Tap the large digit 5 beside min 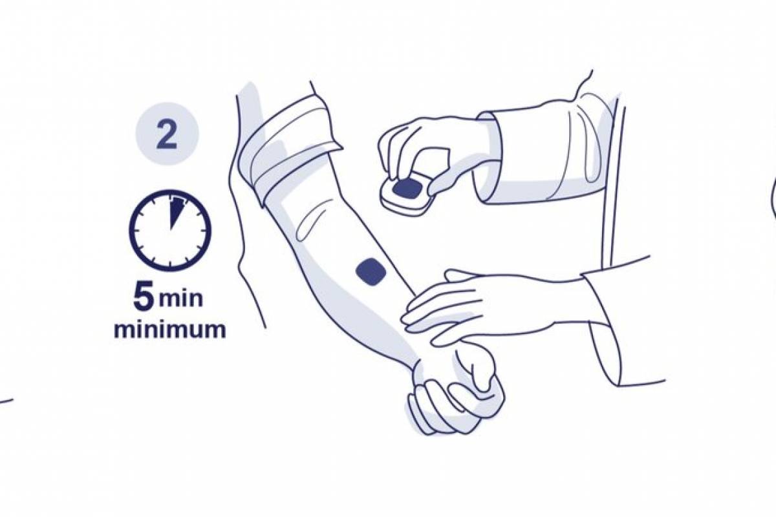(144, 297)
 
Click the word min (180, 299)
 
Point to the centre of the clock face (170, 230)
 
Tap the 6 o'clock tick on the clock (170, 265)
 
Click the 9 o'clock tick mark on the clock (136, 231)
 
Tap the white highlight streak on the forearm (311, 218)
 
